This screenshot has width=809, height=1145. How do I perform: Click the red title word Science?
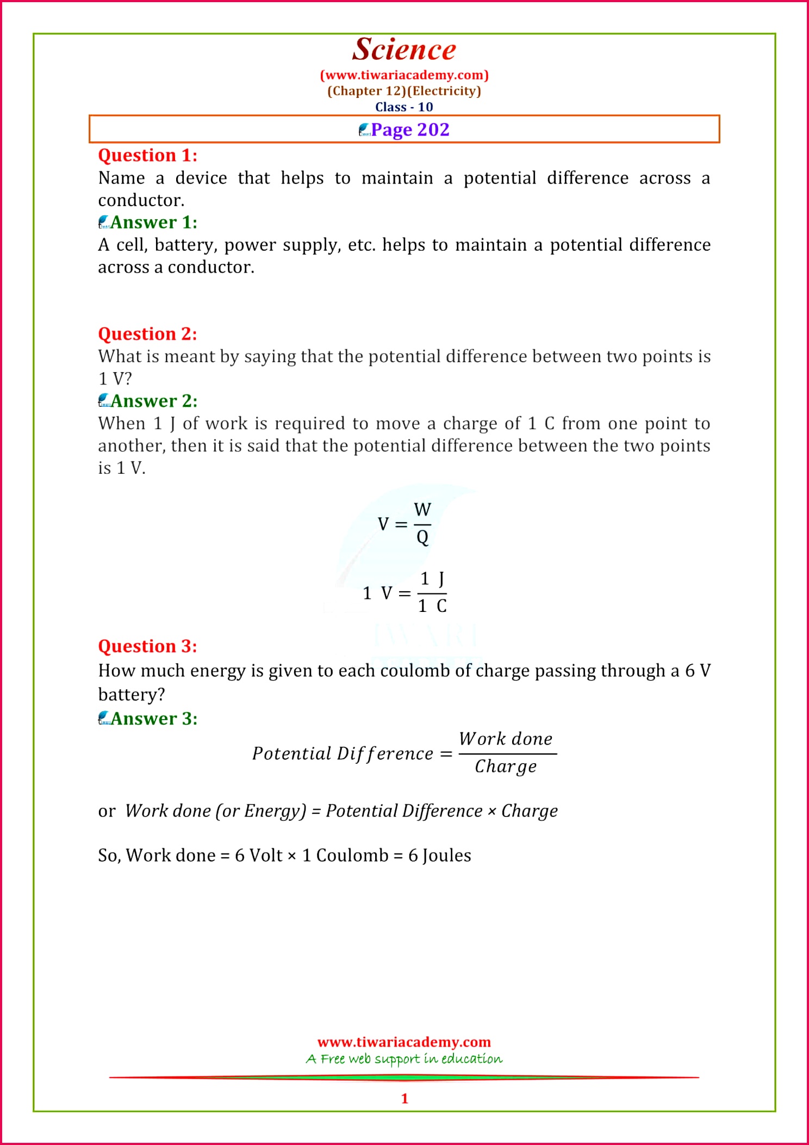pyautogui.click(x=404, y=50)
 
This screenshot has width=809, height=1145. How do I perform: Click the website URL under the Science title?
pyautogui.click(x=404, y=75)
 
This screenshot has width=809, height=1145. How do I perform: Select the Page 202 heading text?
pyautogui.click(x=410, y=129)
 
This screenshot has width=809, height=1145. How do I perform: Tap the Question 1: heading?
pyautogui.click(x=147, y=156)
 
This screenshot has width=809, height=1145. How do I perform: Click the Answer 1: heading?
pyautogui.click(x=154, y=222)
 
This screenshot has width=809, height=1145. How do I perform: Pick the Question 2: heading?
pyautogui.click(x=147, y=334)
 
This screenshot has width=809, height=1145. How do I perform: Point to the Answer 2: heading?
pyautogui.click(x=154, y=401)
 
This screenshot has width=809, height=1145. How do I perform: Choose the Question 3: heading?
pyautogui.click(x=147, y=646)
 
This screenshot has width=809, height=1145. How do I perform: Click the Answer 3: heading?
pyautogui.click(x=154, y=719)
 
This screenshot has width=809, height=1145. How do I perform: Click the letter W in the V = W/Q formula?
pyautogui.click(x=422, y=510)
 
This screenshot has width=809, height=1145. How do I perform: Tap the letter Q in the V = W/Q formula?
pyautogui.click(x=422, y=537)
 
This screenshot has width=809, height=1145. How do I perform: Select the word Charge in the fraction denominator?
pyautogui.click(x=506, y=766)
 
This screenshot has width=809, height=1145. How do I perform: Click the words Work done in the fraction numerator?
pyautogui.click(x=506, y=739)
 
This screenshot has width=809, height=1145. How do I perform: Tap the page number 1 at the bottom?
pyautogui.click(x=404, y=1098)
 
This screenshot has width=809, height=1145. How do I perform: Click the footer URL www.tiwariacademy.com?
pyautogui.click(x=404, y=1042)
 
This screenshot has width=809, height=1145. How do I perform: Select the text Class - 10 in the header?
pyautogui.click(x=404, y=107)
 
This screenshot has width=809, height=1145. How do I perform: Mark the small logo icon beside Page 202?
pyautogui.click(x=364, y=130)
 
